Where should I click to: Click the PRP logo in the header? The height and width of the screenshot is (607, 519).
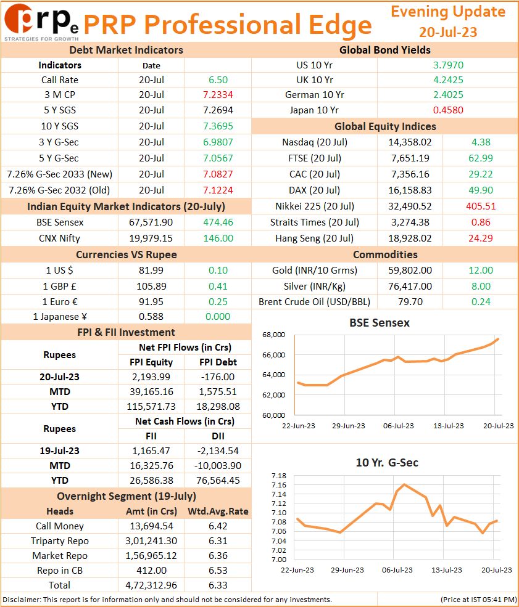click(41, 22)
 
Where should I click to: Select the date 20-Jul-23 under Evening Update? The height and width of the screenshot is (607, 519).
click(447, 32)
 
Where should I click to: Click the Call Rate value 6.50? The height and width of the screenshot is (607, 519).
click(218, 79)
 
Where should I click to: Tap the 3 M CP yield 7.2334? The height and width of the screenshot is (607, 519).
click(218, 94)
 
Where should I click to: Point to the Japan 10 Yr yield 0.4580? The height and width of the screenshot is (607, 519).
click(448, 110)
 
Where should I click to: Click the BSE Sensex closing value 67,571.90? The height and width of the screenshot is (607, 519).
click(151, 222)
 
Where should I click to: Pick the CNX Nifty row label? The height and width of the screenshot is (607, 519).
click(59, 238)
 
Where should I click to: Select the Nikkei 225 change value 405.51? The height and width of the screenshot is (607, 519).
click(481, 206)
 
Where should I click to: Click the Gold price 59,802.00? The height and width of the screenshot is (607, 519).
click(410, 270)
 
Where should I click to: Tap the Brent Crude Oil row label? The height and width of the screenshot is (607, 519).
click(314, 301)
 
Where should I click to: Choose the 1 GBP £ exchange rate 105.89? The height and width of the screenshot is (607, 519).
click(151, 286)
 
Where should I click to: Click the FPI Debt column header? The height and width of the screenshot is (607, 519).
click(218, 362)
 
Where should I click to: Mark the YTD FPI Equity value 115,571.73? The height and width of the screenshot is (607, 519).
click(151, 407)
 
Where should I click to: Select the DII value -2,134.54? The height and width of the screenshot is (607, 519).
click(218, 450)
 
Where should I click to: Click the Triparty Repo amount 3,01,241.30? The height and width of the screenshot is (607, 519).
click(151, 541)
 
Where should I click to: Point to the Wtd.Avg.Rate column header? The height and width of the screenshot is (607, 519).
click(218, 511)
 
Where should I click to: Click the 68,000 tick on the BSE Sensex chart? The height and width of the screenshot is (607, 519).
click(273, 335)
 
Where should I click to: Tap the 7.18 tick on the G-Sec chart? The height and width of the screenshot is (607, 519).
click(279, 476)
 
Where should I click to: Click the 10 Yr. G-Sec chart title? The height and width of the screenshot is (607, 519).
click(387, 463)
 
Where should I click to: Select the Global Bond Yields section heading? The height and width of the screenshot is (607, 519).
click(385, 50)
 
